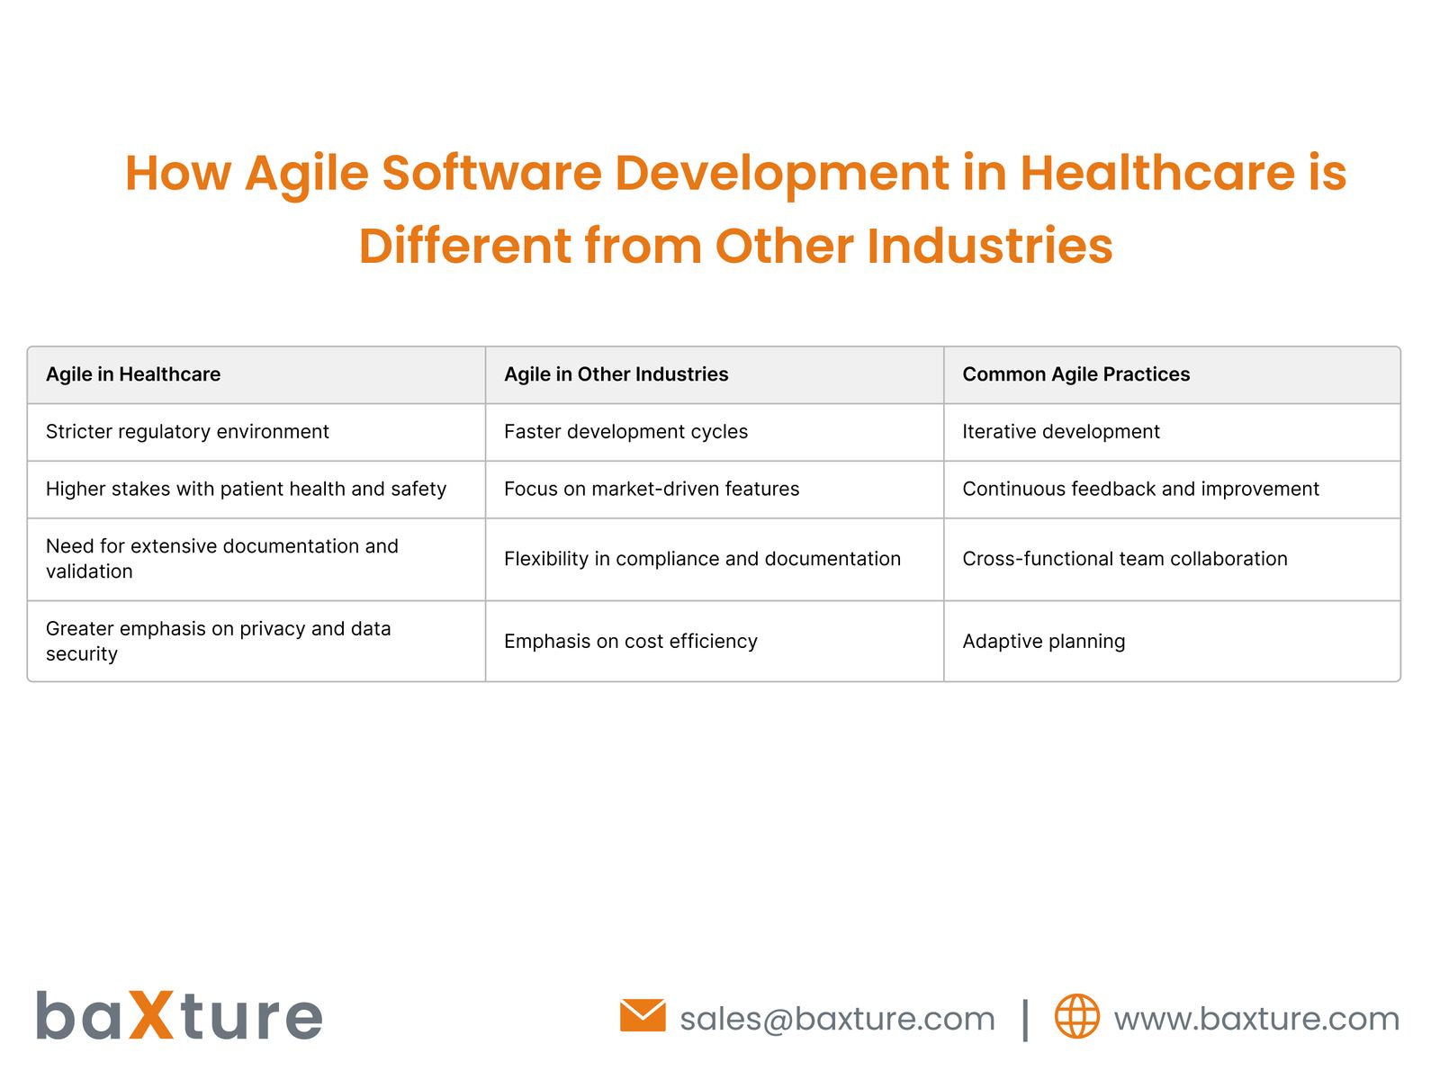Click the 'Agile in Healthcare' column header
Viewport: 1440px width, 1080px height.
pos(133,374)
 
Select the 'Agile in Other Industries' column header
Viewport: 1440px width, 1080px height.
pos(616,374)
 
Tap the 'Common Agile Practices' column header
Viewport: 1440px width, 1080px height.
pos(1076,374)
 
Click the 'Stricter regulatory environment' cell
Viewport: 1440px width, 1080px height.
pos(187,432)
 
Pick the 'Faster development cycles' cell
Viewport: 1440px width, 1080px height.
pos(625,432)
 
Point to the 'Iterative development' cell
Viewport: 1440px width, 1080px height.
pos(1061,432)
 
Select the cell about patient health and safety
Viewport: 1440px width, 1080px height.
pos(246,489)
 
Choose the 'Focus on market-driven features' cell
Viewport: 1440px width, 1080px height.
pos(652,489)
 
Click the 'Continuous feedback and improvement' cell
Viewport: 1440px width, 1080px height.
pos(1140,489)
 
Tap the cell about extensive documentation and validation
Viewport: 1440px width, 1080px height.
pos(221,559)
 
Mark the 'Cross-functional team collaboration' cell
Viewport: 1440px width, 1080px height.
pos(1125,559)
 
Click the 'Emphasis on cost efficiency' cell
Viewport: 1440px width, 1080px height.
pos(631,642)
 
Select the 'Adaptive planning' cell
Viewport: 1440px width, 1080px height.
pos(1044,642)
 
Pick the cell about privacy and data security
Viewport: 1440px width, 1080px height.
pos(218,642)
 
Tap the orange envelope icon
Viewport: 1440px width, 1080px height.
pos(643,1016)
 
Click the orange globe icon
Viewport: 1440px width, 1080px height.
pos(1076,1016)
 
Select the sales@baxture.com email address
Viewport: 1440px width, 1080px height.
pos(837,1019)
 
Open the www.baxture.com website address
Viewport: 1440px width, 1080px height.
pos(1256,1019)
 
